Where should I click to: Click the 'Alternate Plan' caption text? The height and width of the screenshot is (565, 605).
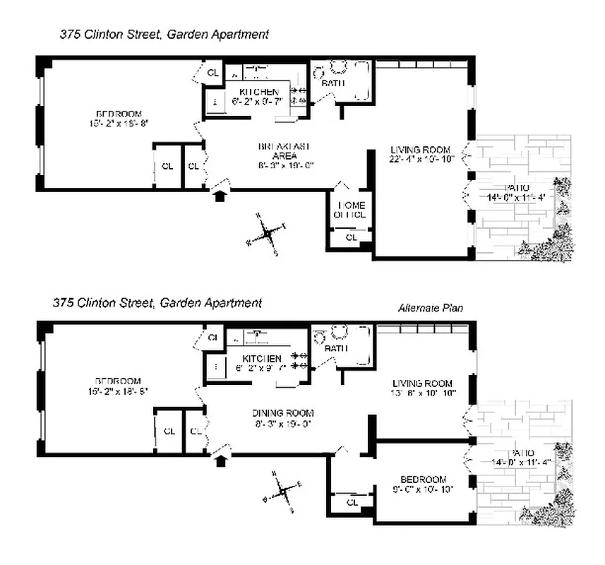[430, 308]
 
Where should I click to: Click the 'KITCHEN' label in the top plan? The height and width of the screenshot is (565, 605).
[258, 93]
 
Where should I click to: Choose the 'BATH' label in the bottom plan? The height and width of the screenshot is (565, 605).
[335, 348]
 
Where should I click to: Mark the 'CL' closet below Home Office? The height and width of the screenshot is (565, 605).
[350, 238]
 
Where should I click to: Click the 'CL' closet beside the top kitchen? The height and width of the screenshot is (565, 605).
[212, 71]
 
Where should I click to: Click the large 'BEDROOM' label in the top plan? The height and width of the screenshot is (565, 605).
[118, 114]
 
